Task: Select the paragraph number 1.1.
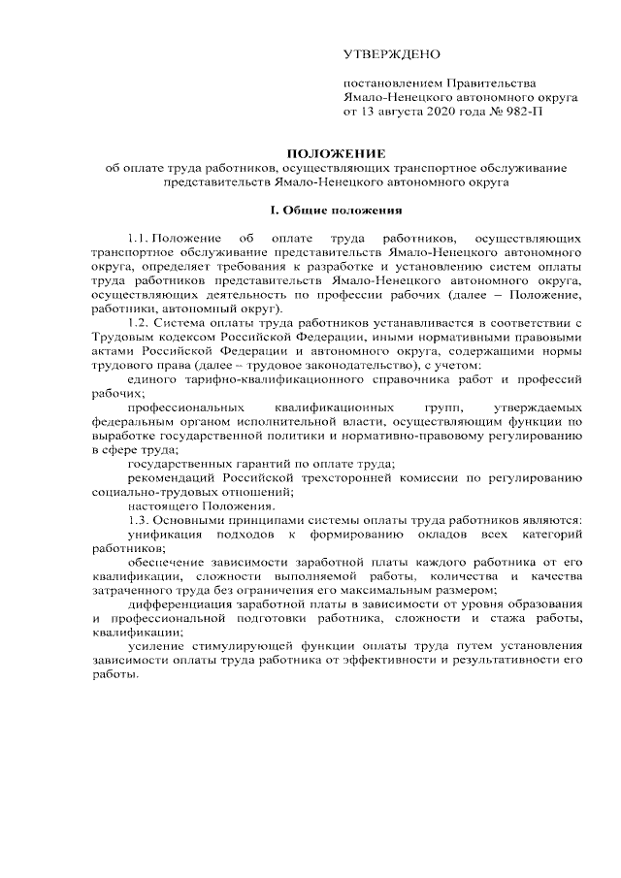coord(137,238)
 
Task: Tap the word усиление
coord(154,646)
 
